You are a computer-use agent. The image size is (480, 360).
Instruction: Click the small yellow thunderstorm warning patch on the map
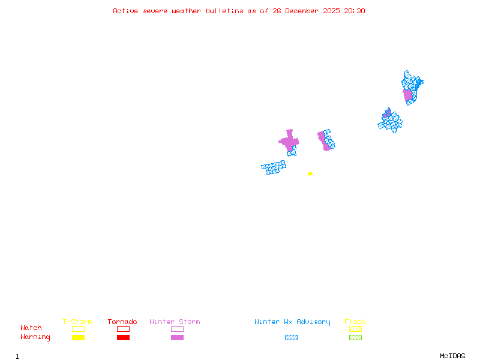point(310,173)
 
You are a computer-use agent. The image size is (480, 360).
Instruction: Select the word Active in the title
point(126,11)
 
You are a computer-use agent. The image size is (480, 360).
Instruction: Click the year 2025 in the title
point(332,11)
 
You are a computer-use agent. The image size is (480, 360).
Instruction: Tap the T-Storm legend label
point(77,322)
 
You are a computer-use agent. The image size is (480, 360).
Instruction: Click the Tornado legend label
point(122,322)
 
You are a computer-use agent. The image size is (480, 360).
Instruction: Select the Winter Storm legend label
point(175,322)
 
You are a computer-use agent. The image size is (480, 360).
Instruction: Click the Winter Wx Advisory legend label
point(292,322)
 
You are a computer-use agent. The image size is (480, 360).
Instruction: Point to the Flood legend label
point(355,322)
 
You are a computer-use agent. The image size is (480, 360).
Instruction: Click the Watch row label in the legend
point(31,328)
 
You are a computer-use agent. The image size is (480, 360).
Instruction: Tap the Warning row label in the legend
point(35,337)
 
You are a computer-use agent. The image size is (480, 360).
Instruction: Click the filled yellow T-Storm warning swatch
point(78,337)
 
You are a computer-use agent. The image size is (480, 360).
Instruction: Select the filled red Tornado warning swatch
point(123,337)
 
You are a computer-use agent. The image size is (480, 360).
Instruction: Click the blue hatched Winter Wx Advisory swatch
point(291,337)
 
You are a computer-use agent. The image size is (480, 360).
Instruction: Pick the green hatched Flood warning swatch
point(355,337)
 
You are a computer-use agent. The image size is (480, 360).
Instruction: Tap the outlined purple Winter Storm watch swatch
point(177,329)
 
